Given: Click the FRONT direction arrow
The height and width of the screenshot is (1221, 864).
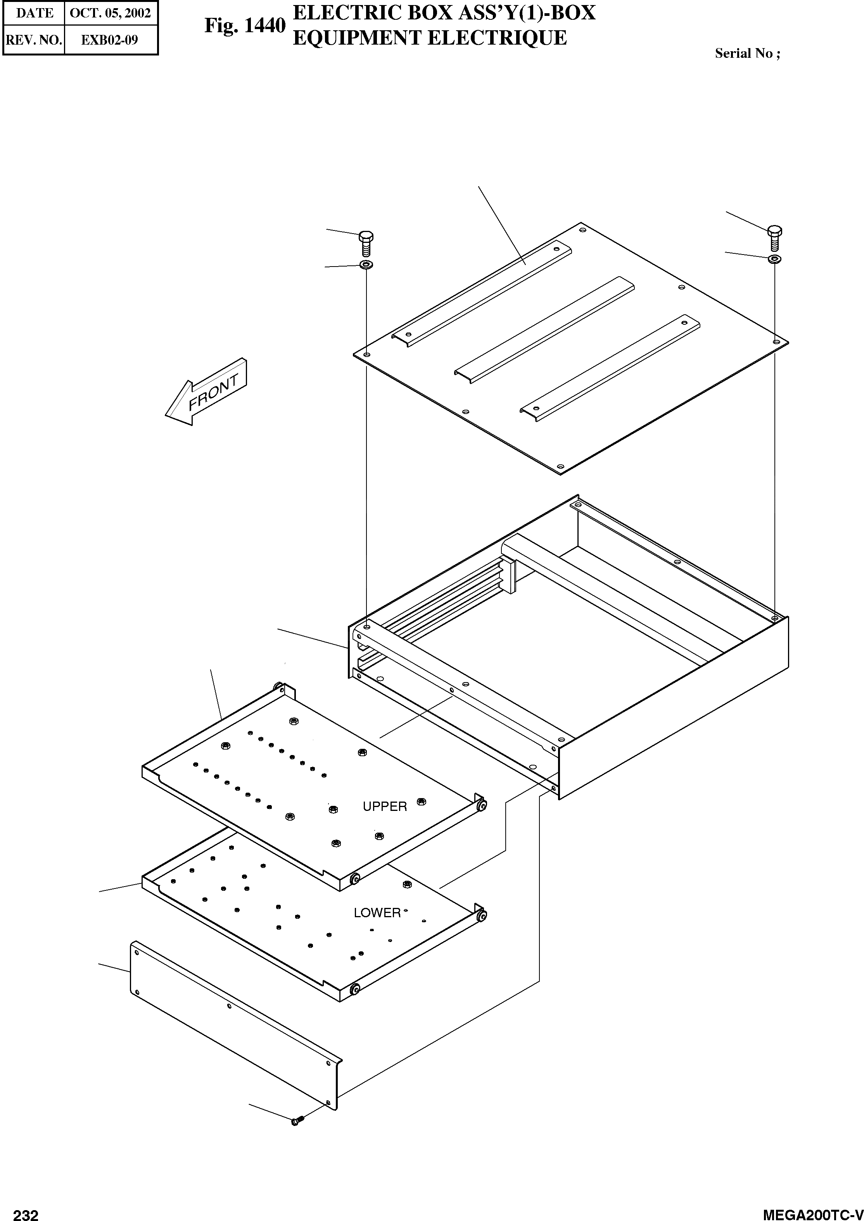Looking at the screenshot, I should (206, 393).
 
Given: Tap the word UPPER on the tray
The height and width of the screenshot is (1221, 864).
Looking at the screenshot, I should (385, 806).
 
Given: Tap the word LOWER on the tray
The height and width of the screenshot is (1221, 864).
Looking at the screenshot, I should (377, 913).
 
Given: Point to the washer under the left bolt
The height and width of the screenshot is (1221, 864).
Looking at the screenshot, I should (366, 265).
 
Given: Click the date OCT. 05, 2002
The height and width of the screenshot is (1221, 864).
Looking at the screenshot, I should (111, 13).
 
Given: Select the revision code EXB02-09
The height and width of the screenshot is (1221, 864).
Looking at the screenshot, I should (110, 40).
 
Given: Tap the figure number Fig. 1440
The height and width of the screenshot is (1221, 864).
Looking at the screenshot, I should (245, 26).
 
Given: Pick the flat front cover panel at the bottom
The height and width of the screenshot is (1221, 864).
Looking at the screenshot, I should (234, 1025).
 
